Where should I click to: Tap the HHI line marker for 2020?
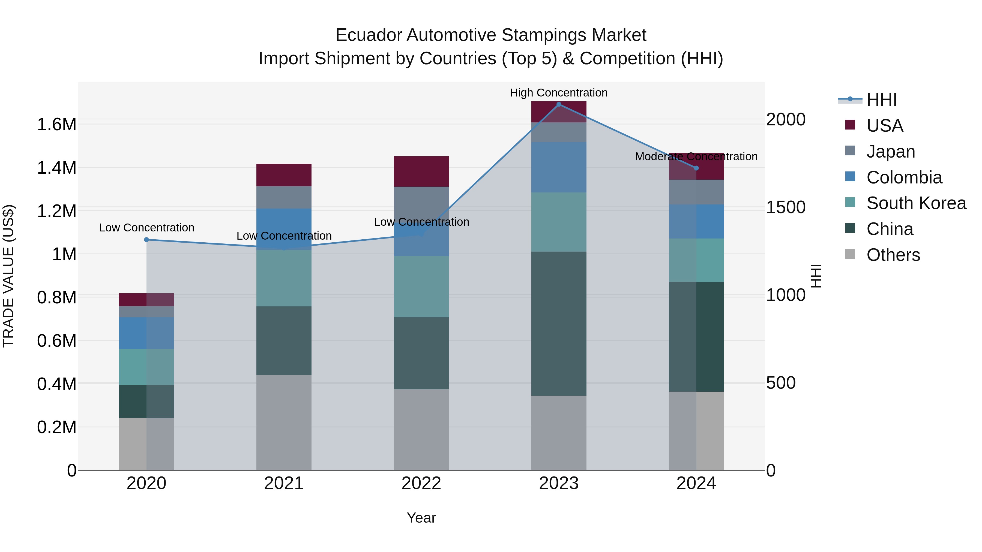click(146, 240)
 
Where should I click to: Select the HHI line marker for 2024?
click(696, 168)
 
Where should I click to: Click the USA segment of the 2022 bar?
click(421, 171)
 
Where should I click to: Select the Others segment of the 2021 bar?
click(284, 423)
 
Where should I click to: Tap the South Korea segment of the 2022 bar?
click(421, 287)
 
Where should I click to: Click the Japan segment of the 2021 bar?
click(284, 197)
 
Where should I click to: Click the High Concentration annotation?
click(558, 93)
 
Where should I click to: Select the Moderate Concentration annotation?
click(696, 156)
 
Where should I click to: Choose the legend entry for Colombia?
click(904, 177)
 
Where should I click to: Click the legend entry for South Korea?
click(916, 203)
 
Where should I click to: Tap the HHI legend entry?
click(881, 100)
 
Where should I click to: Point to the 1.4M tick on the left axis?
click(56, 168)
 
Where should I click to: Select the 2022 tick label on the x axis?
click(421, 483)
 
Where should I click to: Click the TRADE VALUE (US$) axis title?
click(8, 276)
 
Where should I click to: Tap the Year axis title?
click(421, 518)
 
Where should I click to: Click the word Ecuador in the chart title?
click(368, 35)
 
